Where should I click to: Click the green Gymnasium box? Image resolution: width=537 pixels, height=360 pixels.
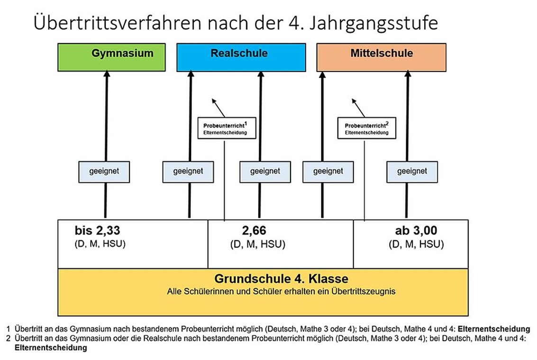pyautogui.click(x=112, y=57)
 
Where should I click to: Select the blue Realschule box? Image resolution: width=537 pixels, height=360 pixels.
pyautogui.click(x=241, y=57)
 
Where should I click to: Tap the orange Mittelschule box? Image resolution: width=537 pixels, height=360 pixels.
pyautogui.click(x=381, y=57)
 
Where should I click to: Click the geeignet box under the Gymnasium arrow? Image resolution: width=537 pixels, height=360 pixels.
pyautogui.click(x=104, y=172)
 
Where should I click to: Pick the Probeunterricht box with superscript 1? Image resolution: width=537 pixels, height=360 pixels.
pyautogui.click(x=227, y=128)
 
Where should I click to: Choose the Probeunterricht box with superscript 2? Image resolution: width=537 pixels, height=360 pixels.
pyautogui.click(x=367, y=128)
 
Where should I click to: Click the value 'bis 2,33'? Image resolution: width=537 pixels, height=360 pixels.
pyautogui.click(x=98, y=231)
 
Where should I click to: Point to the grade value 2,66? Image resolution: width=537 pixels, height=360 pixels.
pyautogui.click(x=254, y=231)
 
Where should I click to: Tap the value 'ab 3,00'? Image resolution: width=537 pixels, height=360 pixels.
pyautogui.click(x=416, y=231)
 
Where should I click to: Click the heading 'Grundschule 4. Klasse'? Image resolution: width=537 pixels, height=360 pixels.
pyautogui.click(x=281, y=278)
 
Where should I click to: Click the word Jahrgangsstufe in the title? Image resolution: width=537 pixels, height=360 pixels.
pyautogui.click(x=373, y=23)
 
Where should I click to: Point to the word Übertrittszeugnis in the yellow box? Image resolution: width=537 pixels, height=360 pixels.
pyautogui.click(x=363, y=291)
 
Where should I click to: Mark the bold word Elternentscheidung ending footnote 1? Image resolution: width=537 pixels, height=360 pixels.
pyautogui.click(x=494, y=329)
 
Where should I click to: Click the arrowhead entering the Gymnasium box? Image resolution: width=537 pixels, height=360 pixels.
pyautogui.click(x=107, y=74)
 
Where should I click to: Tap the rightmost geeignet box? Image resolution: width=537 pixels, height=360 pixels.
pyautogui.click(x=412, y=172)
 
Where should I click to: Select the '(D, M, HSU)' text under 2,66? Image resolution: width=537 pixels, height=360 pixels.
pyautogui.click(x=257, y=244)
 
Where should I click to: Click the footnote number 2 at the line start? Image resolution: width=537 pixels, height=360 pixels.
pyautogui.click(x=8, y=338)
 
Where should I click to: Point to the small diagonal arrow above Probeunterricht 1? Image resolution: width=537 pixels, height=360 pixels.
pyautogui.click(x=218, y=108)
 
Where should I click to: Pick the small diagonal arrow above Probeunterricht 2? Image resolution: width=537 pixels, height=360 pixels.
pyautogui.click(x=358, y=108)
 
